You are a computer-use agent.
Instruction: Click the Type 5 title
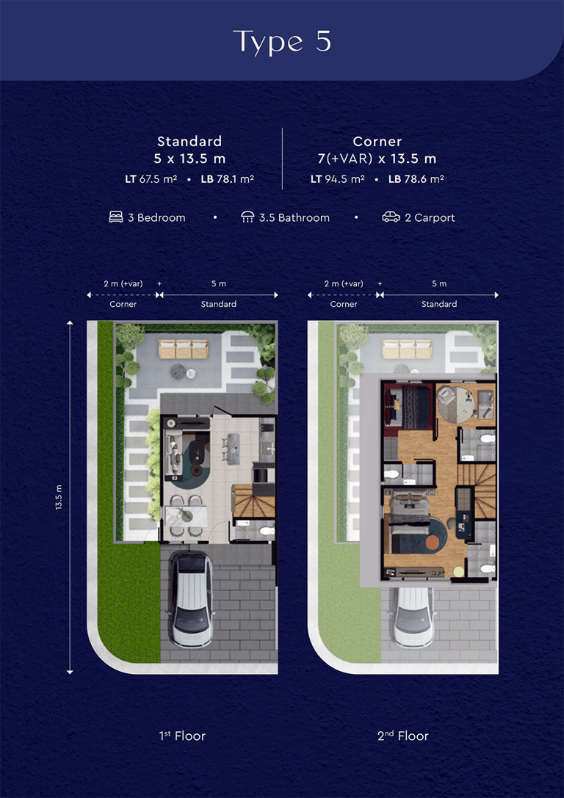[282, 42]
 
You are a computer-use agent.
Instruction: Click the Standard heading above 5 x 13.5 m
[189, 141]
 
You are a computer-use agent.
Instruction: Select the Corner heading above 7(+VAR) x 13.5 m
[377, 141]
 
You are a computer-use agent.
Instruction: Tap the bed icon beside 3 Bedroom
[116, 218]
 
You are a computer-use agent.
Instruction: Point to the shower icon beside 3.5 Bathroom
[247, 218]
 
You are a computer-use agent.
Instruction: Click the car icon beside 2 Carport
[391, 218]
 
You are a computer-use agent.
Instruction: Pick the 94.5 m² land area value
[344, 179]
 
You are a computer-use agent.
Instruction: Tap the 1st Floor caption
[182, 736]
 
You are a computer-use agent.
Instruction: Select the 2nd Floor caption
[403, 736]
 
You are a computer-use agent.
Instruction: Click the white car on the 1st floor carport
[192, 599]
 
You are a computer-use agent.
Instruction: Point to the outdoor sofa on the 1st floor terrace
[184, 349]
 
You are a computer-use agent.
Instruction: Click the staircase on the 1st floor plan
[253, 501]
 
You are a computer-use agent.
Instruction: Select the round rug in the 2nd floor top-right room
[457, 404]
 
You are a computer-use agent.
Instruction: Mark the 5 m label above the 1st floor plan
[219, 283]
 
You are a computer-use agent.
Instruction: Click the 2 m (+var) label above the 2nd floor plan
[344, 283]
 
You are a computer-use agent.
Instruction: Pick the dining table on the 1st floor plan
[186, 516]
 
